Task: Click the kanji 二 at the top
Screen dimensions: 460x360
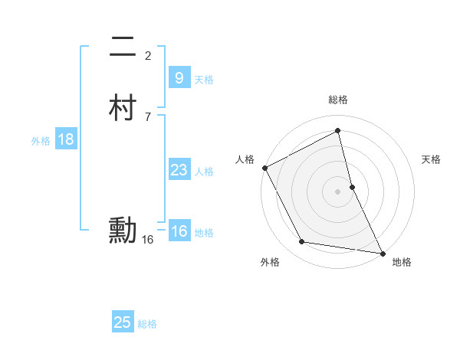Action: (x=123, y=49)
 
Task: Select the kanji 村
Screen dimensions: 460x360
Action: (x=123, y=108)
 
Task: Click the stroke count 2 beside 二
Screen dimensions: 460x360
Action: (x=148, y=55)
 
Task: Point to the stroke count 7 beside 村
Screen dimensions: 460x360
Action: (x=148, y=116)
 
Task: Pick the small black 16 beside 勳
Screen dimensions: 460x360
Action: (x=148, y=240)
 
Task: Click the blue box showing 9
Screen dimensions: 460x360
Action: (x=179, y=78)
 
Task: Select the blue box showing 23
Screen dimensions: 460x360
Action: (x=179, y=170)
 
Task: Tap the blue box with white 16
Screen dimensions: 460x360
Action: (x=179, y=231)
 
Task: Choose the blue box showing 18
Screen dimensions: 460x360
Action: (x=65, y=139)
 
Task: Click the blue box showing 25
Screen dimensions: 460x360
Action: (x=123, y=322)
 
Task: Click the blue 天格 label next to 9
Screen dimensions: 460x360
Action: (x=204, y=80)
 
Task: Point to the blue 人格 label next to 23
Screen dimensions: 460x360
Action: (x=204, y=172)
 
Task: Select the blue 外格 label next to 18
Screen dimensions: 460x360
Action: (x=41, y=141)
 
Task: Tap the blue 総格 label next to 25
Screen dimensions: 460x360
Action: (x=147, y=324)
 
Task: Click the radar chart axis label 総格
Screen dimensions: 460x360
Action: (x=338, y=100)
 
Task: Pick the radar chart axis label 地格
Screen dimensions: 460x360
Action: (x=402, y=263)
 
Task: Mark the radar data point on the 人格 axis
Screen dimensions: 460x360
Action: (x=264, y=168)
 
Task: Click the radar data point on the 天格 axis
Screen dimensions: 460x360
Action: (x=352, y=186)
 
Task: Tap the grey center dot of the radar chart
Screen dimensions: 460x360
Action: (x=337, y=191)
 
